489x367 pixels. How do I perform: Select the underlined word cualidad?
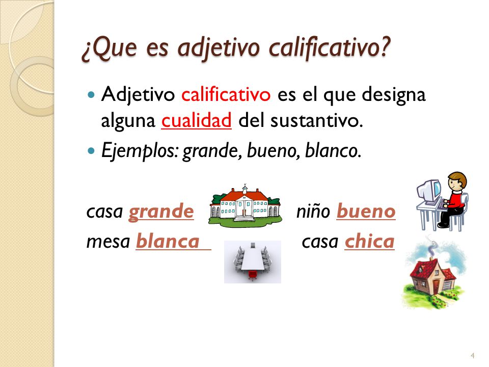pos(197,122)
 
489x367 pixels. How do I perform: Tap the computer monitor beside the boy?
pos(427,191)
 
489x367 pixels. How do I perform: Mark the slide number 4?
pos(473,355)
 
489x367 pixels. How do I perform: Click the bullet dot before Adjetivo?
pos(92,95)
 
